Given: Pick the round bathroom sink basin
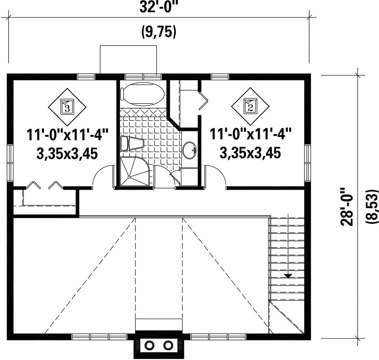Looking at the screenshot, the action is point(189,150).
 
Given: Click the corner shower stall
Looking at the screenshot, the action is point(136,171).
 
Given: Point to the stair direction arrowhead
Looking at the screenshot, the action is point(288,276).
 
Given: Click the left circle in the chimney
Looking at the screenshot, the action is point(149,345).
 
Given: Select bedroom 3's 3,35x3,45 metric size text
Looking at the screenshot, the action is point(67,153).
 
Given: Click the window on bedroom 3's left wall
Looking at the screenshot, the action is point(10,163).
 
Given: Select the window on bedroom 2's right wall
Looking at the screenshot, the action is point(307,163).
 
